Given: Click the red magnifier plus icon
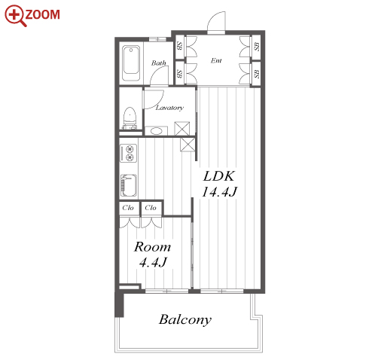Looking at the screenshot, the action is tap(15, 15).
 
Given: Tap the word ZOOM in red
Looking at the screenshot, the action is tap(43, 14).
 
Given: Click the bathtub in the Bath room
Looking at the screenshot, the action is tap(131, 63).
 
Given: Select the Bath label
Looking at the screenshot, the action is tap(159, 63).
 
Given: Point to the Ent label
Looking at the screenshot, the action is tap(216, 60).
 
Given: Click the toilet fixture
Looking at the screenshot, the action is tap(130, 118).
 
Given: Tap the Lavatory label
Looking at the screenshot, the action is tap(169, 108).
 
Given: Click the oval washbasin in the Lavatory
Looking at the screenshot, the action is tap(156, 131).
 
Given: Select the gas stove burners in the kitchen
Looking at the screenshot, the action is tap(129, 153).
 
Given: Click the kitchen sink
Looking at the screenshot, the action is tap(129, 185).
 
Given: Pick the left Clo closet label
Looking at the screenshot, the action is tap(128, 208).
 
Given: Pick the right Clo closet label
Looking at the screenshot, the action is tap(151, 208).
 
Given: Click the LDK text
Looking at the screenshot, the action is tap(219, 176).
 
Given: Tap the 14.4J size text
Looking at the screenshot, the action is tap(219, 191).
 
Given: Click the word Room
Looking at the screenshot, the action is tap(152, 247).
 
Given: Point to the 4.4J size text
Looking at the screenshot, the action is tap(153, 262).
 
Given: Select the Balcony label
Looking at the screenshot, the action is tap(185, 320).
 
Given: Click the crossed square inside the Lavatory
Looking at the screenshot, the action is tap(182, 129).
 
